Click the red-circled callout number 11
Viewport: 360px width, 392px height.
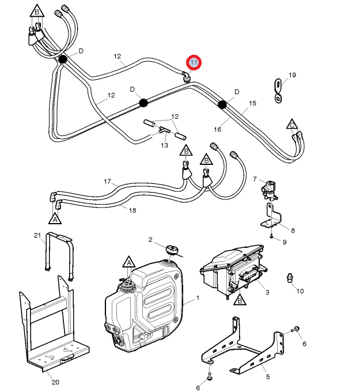pos(194,62)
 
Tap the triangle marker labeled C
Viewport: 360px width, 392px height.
pos(293,124)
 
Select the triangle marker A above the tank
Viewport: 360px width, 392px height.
pos(128,263)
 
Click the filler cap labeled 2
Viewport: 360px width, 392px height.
pos(170,250)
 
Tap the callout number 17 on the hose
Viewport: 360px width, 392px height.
pos(107,182)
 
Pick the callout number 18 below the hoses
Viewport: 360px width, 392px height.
pos(132,210)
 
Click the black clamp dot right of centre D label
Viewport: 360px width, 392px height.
pos(222,104)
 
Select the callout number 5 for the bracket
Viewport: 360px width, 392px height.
pos(267,377)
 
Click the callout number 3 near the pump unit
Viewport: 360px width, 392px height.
pos(267,292)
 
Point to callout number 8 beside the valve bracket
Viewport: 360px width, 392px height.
pos(293,231)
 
